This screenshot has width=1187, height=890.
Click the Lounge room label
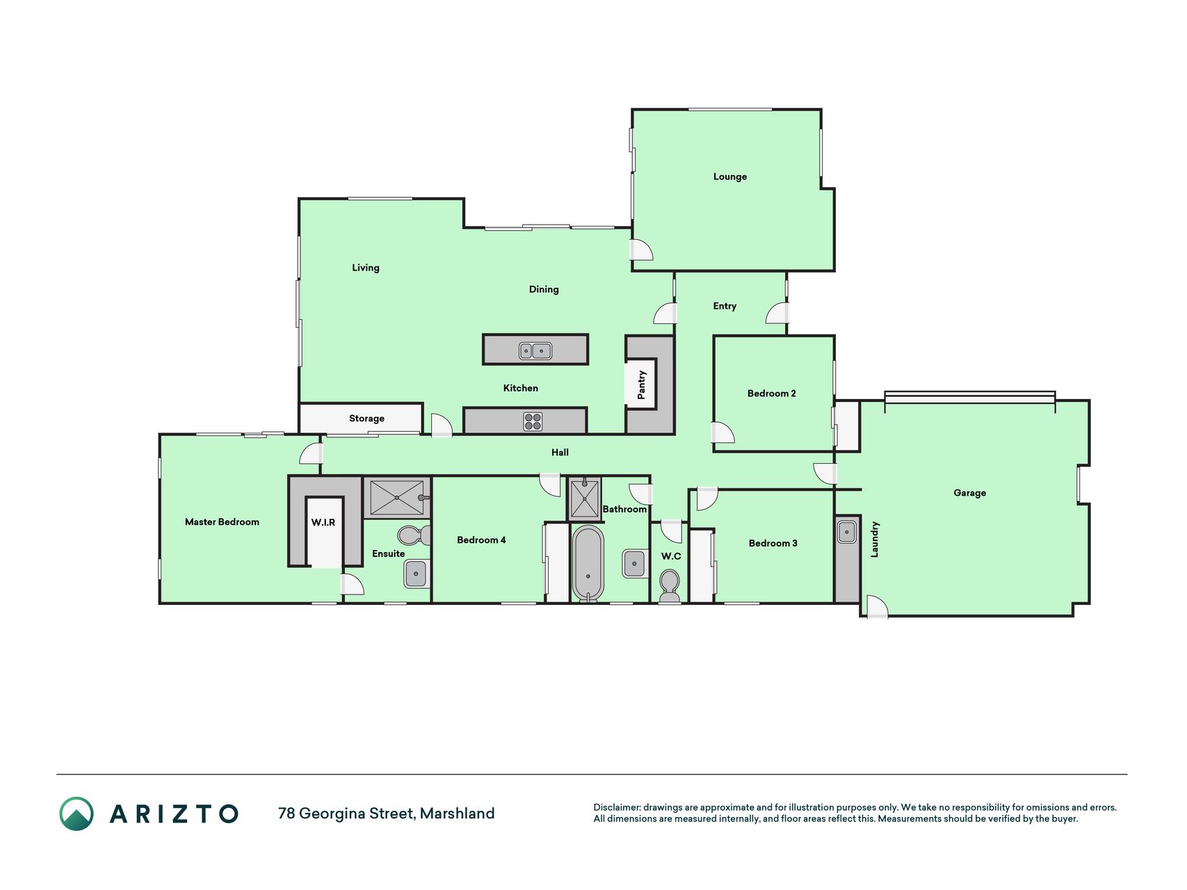[729, 177]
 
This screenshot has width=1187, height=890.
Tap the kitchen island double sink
[535, 350]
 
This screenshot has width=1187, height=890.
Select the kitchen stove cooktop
[533, 421]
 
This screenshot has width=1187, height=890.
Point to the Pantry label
[641, 385]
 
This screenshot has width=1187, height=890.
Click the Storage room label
[366, 419]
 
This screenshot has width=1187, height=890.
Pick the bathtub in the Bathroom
[588, 563]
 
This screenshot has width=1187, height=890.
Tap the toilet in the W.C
[669, 585]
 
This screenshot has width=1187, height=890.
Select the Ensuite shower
[396, 497]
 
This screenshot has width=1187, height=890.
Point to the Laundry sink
[846, 532]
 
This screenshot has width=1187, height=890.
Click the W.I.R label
[323, 522]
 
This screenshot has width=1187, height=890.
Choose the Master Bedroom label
[222, 522]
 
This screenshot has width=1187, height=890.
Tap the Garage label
[969, 493]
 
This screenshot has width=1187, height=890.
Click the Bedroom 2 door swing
[723, 432]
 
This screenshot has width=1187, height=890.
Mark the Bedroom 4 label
[481, 540]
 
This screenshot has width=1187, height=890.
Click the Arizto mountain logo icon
[76, 814]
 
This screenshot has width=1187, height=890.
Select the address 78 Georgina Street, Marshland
[386, 814]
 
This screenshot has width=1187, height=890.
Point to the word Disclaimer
[617, 807]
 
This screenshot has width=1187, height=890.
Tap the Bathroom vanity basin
[634, 563]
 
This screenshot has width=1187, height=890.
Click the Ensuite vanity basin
[416, 574]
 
